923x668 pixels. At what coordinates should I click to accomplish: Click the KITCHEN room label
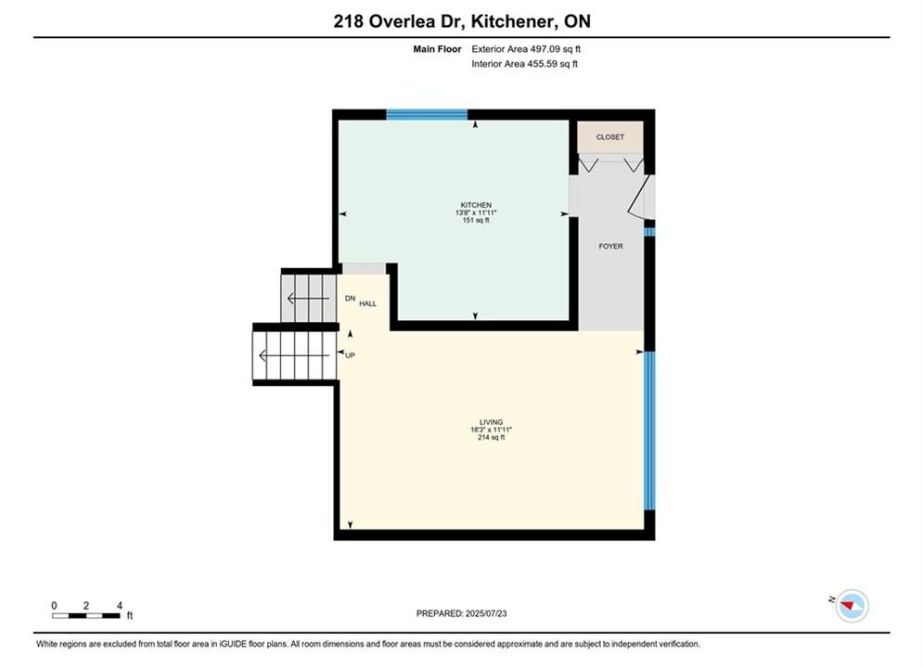point(476,205)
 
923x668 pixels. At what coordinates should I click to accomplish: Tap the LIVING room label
point(491,422)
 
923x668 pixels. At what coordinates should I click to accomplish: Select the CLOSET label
point(609,137)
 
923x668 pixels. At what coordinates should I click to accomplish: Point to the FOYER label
point(610,246)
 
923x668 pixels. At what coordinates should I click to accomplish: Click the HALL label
point(368,303)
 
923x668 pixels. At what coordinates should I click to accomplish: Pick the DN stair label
point(351,299)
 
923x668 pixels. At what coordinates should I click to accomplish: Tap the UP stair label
point(351,355)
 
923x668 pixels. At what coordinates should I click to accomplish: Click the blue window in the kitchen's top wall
point(427,115)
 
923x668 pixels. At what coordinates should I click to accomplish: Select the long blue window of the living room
point(649,430)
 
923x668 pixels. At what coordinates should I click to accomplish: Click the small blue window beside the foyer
point(649,232)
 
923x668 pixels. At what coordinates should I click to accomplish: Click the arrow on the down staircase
point(308,299)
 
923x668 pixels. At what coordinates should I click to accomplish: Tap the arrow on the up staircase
point(294,355)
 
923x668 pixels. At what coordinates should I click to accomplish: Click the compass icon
point(852,606)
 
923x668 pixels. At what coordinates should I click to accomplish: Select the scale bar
point(86,616)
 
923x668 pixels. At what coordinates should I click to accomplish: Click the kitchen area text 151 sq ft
point(476,220)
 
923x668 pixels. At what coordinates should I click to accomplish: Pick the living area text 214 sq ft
point(491,437)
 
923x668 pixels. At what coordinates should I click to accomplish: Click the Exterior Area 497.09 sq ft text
point(526,49)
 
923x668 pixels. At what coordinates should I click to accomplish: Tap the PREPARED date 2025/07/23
point(486,613)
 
